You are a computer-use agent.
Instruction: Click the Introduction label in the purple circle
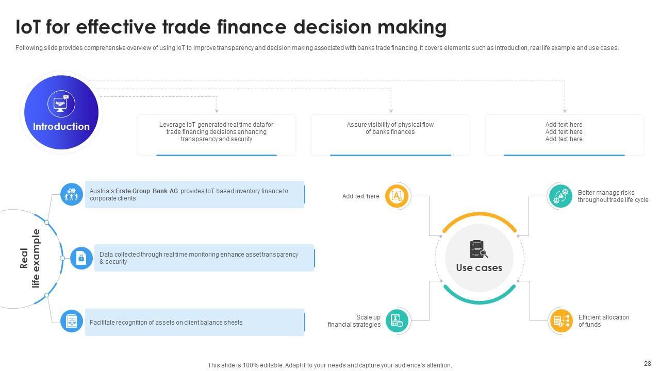tap(61, 127)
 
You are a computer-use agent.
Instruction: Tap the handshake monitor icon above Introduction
tap(61, 104)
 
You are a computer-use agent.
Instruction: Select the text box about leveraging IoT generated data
tap(216, 132)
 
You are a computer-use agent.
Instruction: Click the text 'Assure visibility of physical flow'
tap(390, 125)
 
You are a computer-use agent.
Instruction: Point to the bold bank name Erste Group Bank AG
tap(146, 191)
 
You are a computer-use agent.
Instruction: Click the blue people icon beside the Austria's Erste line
tap(72, 194)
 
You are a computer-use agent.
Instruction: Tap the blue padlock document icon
tap(81, 258)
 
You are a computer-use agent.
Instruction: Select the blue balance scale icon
tap(72, 321)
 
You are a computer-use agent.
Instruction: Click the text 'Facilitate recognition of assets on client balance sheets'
tap(166, 323)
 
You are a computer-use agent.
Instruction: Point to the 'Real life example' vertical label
tap(30, 258)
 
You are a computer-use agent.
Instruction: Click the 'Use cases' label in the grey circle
tap(479, 268)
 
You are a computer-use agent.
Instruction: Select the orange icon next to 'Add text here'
tap(397, 196)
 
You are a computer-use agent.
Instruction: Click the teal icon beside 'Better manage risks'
tap(560, 196)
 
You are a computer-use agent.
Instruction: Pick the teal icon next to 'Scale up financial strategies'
tap(397, 321)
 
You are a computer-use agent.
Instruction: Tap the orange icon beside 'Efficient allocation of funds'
tap(560, 321)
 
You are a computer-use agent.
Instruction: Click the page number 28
tap(648, 364)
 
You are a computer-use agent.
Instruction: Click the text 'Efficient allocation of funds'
tap(603, 321)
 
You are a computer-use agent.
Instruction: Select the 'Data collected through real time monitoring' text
tap(199, 258)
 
